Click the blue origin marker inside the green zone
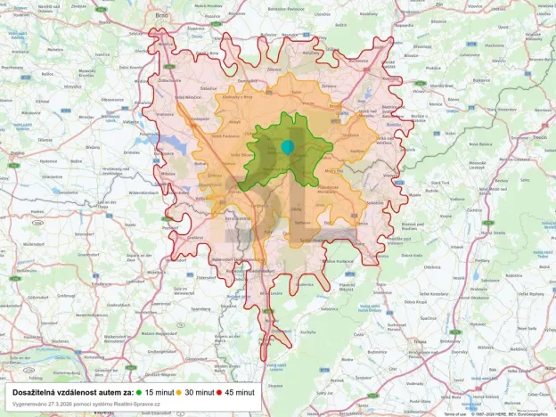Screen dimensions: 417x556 (287, 146)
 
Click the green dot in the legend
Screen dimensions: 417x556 (140, 392)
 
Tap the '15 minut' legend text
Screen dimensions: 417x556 (160, 392)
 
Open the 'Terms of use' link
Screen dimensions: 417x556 (454, 413)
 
